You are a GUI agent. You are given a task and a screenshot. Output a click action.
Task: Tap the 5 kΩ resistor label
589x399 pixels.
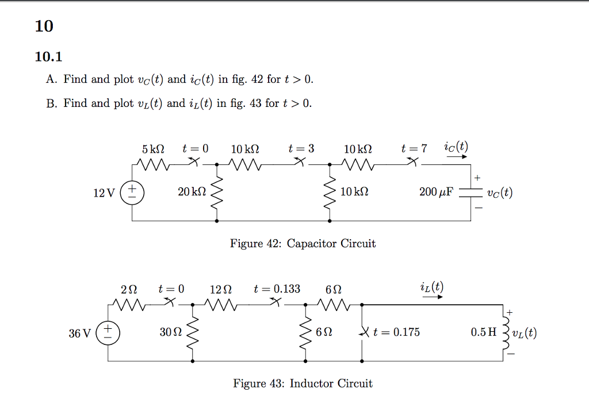tap(152, 149)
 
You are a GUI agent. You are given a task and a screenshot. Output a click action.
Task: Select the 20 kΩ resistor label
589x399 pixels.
tap(192, 191)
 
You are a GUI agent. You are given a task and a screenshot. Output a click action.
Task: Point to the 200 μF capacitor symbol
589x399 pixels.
tap(472, 192)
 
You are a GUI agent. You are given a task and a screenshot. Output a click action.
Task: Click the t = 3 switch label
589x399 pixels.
tap(301, 149)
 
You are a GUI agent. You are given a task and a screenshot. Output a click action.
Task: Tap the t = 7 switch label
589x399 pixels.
tap(414, 149)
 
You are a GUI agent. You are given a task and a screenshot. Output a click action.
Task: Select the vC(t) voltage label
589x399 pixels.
tap(499, 192)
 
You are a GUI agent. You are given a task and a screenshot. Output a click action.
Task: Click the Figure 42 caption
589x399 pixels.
tap(303, 243)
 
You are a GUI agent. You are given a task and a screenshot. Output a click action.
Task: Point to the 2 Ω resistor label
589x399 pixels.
tap(129, 289)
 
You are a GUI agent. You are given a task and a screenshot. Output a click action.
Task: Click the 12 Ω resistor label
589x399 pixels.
tap(221, 289)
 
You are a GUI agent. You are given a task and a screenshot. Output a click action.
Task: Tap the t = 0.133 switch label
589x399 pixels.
tap(277, 289)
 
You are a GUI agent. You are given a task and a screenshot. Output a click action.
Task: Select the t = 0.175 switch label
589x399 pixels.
tap(396, 332)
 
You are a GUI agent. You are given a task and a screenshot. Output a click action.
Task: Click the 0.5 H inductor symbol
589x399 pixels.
tap(507, 332)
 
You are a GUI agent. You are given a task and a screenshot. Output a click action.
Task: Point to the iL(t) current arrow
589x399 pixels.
tap(433, 297)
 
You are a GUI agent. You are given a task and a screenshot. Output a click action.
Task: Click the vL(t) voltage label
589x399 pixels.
tap(524, 332)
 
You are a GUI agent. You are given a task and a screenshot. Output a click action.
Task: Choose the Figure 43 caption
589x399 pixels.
tap(303, 383)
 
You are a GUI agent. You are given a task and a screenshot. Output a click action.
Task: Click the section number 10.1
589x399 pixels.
tap(48, 56)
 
